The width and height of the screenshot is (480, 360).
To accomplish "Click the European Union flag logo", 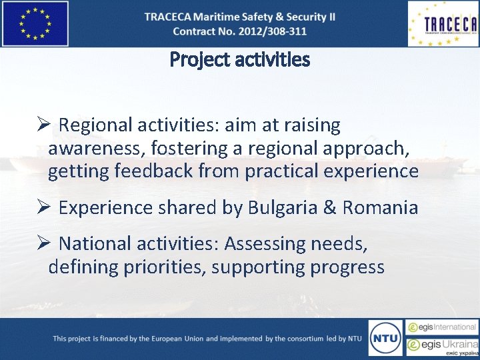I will click(35, 23).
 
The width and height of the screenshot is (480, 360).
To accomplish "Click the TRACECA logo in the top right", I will click(443, 24).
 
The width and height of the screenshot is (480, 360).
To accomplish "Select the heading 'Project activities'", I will click(240, 60).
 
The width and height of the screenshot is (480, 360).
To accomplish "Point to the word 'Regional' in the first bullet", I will click(95, 125).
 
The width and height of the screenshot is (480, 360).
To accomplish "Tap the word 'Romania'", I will click(380, 207).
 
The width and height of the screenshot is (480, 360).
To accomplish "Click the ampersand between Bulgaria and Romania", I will click(330, 207).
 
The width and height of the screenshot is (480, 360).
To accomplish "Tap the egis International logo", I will click(443, 327).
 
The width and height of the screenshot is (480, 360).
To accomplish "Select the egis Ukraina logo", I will click(443, 346).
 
